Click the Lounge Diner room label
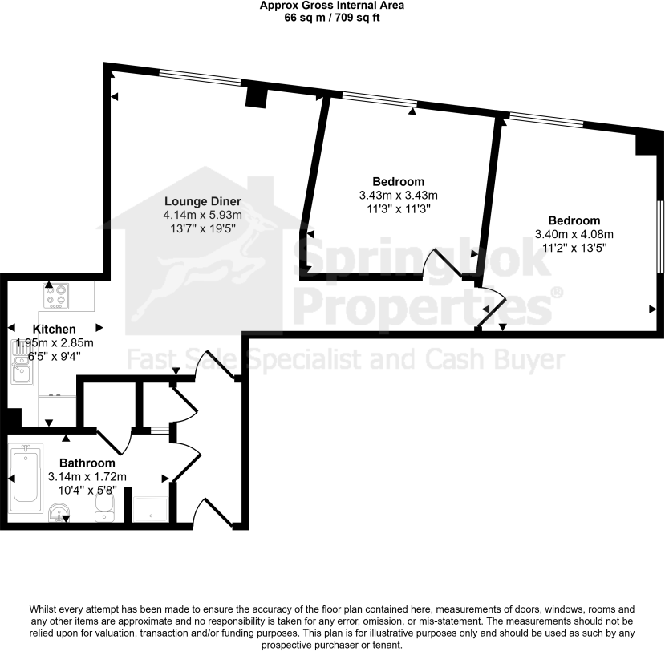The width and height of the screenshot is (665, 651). pyautogui.click(x=203, y=201)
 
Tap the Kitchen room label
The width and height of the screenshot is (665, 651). pyautogui.click(x=55, y=329)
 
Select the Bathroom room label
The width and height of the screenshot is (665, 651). pyautogui.click(x=87, y=463)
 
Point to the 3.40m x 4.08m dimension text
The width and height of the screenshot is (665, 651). pyautogui.click(x=574, y=235)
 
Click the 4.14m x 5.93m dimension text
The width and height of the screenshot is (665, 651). pyautogui.click(x=203, y=215)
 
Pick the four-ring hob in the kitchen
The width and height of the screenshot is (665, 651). pyautogui.click(x=57, y=296)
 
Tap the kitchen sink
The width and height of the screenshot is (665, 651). pyautogui.click(x=21, y=364)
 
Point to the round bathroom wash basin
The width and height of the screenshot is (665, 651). pyautogui.click(x=58, y=511)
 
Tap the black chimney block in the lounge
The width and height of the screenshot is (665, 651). pyautogui.click(x=256, y=96)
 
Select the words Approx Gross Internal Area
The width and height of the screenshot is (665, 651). pyautogui.click(x=331, y=6)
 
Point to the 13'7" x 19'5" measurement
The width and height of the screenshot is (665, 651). pyautogui.click(x=203, y=228)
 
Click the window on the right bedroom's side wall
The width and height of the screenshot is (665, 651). pyautogui.click(x=658, y=236)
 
